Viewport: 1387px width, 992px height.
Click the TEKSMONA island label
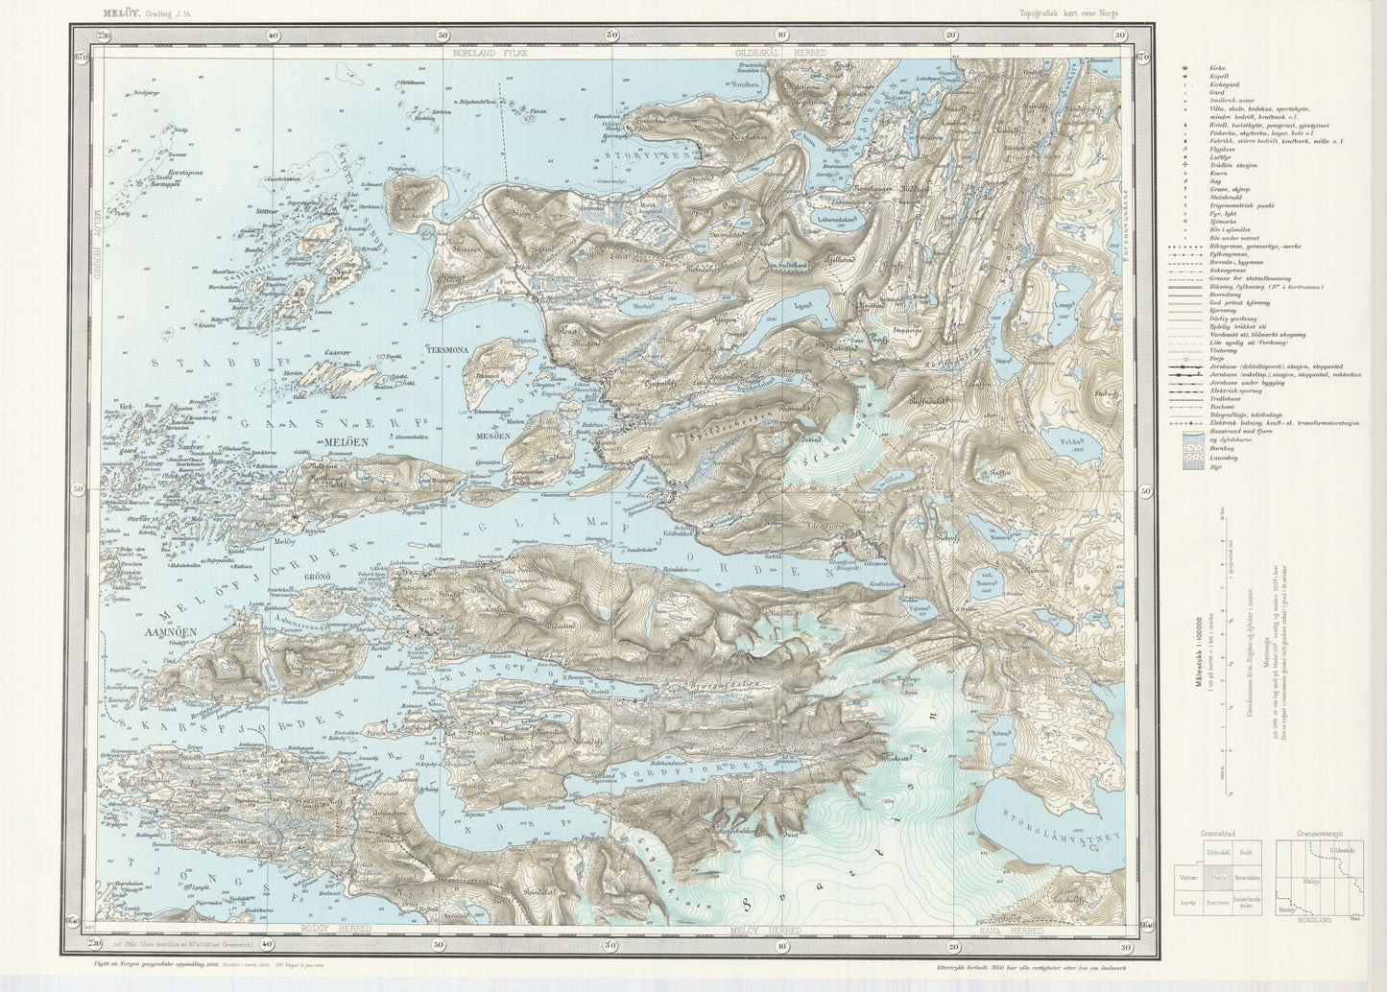tap(441, 350)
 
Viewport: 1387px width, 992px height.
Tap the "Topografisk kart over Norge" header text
tap(1069, 13)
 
